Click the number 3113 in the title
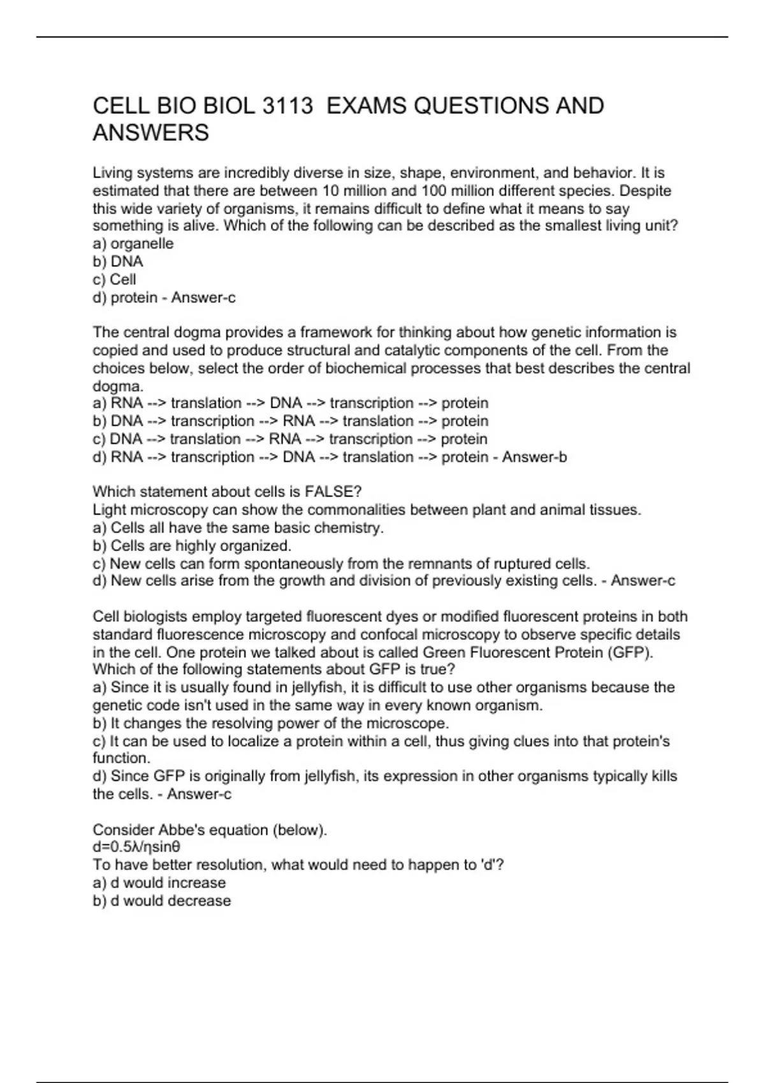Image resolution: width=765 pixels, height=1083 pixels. [288, 106]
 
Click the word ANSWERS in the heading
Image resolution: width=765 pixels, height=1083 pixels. [150, 133]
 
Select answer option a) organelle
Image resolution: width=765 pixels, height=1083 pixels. [133, 243]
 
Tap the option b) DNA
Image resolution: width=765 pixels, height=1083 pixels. [118, 261]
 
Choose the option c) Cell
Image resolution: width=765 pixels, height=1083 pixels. [115, 279]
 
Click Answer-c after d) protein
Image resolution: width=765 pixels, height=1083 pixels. [203, 298]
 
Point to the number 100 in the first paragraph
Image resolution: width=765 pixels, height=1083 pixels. [434, 190]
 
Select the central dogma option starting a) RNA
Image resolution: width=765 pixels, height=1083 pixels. [290, 403]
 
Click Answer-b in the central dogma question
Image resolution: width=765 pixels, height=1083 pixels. [534, 457]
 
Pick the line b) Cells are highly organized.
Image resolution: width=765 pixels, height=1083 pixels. [192, 546]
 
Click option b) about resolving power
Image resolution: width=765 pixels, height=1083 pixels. [271, 724]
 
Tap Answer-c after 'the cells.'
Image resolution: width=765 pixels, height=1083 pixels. [199, 794]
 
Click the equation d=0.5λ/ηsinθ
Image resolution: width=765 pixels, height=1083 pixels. [136, 847]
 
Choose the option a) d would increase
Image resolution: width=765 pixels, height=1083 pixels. [159, 883]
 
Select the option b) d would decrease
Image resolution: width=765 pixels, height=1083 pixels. [162, 901]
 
